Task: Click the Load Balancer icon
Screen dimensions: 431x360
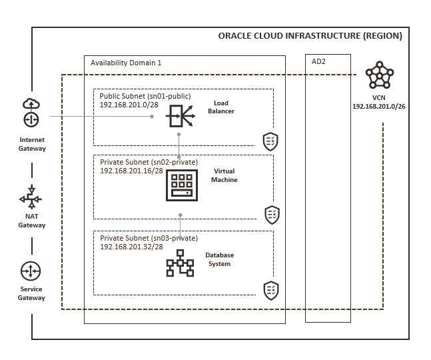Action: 181,116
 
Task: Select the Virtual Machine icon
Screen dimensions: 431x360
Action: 182,185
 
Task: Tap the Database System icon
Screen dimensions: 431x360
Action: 180,263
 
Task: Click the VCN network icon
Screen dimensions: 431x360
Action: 380,75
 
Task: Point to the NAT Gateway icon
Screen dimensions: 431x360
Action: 31,197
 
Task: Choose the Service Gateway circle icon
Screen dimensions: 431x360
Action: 31,271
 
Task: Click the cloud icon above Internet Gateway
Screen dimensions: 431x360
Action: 31,104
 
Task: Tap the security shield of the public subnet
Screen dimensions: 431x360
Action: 270,141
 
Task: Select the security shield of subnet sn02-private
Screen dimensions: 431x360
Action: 272,215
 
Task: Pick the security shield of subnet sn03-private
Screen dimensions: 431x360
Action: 271,291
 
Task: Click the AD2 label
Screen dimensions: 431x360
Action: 318,61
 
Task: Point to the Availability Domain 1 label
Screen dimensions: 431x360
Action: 126,63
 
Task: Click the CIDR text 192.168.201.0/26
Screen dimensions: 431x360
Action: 379,107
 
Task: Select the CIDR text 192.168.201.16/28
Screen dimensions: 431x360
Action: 131,171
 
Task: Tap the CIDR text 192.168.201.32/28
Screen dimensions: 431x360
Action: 131,247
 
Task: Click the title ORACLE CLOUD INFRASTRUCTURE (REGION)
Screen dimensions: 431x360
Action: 310,36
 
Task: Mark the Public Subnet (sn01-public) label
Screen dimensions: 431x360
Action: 145,96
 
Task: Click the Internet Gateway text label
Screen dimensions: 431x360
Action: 32,144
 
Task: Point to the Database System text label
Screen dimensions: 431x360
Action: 220,259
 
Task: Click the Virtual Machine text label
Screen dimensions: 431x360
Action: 224,175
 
